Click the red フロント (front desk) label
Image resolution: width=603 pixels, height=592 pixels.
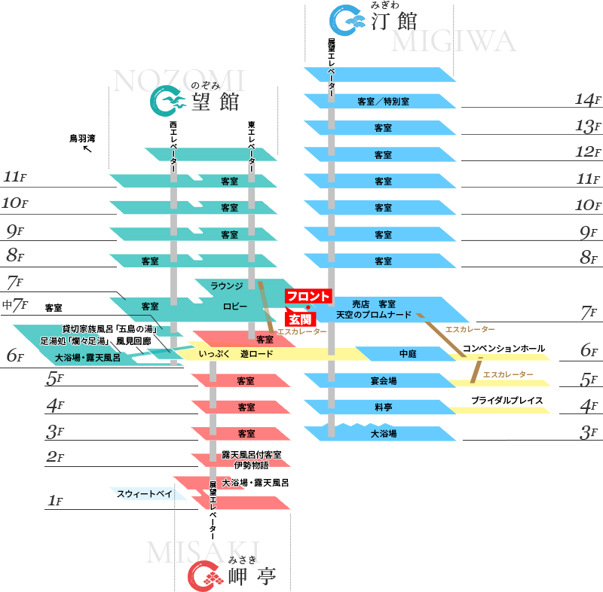[x=308, y=296]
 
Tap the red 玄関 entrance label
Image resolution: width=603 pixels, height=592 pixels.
[x=300, y=320]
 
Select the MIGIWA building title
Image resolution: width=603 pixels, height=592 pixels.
[x=453, y=41]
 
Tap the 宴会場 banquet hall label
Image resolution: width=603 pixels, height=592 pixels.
[x=383, y=380]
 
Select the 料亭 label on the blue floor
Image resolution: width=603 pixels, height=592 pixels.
[x=383, y=407]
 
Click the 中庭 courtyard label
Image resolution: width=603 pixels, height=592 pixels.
[x=408, y=353]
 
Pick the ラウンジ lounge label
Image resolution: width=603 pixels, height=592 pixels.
[x=226, y=286]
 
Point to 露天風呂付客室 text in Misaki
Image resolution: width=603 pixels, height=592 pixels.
[x=251, y=455]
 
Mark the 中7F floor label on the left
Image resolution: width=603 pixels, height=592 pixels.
[x=14, y=305]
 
